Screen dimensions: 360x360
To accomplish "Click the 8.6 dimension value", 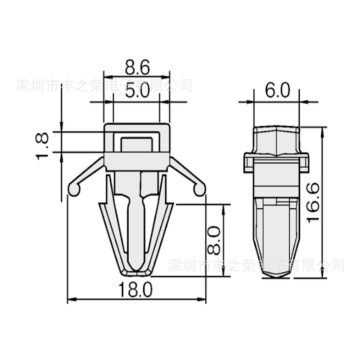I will pos(137,68).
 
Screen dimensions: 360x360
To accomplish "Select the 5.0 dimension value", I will pos(137,92).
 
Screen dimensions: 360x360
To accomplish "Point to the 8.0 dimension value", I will pos(214,240).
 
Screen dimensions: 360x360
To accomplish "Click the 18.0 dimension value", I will pos(136,289).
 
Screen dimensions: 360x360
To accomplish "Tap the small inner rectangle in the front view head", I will pos(137,145).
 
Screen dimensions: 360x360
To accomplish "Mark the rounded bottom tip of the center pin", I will pos(136,266).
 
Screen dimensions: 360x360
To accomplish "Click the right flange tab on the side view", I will pos(306,162).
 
